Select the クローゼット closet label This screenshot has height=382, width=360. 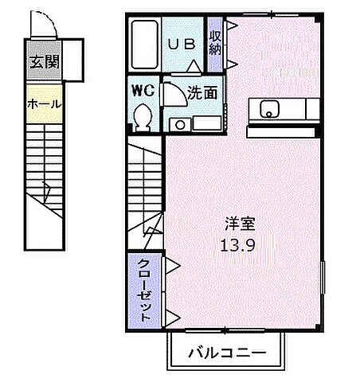pyautogui.click(x=145, y=290)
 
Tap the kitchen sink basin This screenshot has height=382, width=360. pyautogui.click(x=268, y=109)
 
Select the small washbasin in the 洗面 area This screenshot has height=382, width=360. pyautogui.click(x=179, y=123)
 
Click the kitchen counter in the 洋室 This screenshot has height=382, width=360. pyautogui.click(x=285, y=109)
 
